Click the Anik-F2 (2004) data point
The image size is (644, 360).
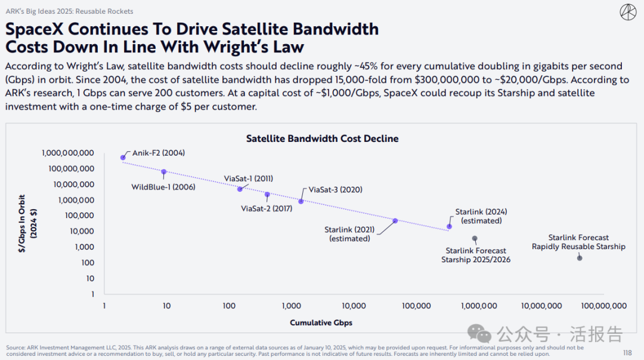pyautogui.click(x=123, y=158)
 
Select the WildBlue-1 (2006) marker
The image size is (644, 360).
pyautogui.click(x=164, y=172)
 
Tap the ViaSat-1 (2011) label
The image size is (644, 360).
pyautogui.click(x=249, y=178)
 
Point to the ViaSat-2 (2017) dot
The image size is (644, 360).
pyautogui.click(x=267, y=194)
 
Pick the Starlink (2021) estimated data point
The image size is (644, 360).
pyautogui.click(x=395, y=221)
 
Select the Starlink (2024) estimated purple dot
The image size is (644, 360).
pyautogui.click(x=449, y=226)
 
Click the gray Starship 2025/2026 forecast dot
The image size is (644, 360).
pyautogui.click(x=475, y=238)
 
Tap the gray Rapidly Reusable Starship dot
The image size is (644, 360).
pyautogui.click(x=579, y=258)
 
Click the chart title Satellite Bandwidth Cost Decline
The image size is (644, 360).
pyautogui.click(x=322, y=139)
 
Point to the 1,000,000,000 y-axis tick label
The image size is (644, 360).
pyautogui.click(x=68, y=153)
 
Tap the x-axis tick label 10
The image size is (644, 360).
pyautogui.click(x=166, y=306)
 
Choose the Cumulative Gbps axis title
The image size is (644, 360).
pyautogui.click(x=321, y=323)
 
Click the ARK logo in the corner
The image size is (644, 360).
pyautogui.click(x=628, y=12)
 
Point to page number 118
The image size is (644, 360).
pyautogui.click(x=627, y=352)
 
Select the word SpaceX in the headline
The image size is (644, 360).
pyautogui.click(x=39, y=29)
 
